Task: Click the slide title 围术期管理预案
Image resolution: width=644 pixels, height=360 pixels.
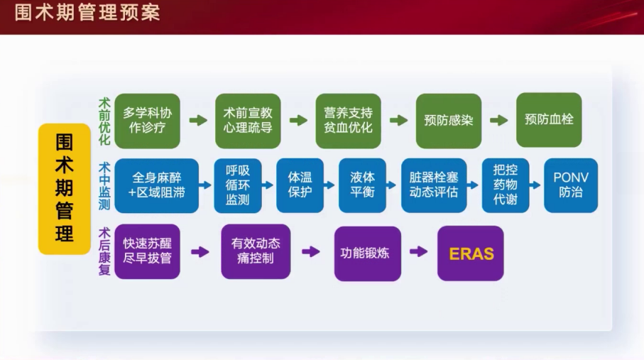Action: [87, 12]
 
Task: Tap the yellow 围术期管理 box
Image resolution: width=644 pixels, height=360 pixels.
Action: [65, 189]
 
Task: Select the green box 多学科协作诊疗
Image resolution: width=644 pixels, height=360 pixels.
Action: [147, 119]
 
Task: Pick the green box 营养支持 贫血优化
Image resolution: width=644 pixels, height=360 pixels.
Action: [348, 119]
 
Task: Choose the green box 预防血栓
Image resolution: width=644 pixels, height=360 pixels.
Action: [549, 119]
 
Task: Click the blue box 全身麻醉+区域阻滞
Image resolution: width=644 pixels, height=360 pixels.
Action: [156, 185]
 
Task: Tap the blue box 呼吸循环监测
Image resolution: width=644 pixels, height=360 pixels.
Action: [238, 185]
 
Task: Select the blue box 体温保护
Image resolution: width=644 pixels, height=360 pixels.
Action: [300, 185]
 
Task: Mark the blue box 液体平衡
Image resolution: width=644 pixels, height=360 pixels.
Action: [362, 185]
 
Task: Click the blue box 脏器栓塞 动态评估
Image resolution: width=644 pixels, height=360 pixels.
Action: [434, 185]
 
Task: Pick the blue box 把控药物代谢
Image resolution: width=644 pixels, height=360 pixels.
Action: [506, 185]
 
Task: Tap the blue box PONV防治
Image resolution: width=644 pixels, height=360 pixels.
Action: [571, 185]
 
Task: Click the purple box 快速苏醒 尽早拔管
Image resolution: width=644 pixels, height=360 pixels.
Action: [147, 251]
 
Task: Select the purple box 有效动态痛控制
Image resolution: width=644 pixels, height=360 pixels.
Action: [256, 251]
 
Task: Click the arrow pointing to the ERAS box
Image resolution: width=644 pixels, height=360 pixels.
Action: [419, 251]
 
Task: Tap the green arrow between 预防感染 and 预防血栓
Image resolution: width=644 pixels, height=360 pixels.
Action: [499, 120]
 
